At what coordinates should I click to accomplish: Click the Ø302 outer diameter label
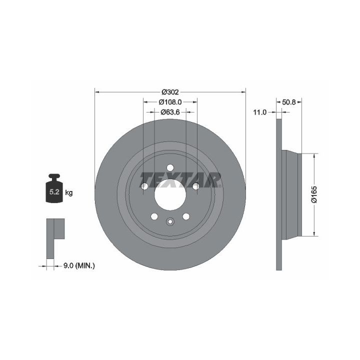pyautogui.click(x=170, y=92)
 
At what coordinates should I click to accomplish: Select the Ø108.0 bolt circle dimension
pyautogui.click(x=170, y=101)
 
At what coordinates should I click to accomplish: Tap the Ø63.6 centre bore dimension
pyautogui.click(x=170, y=112)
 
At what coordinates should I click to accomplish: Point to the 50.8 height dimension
pyautogui.click(x=288, y=102)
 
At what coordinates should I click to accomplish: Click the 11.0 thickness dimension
pyautogui.click(x=259, y=112)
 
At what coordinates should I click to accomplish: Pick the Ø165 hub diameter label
pyautogui.click(x=314, y=194)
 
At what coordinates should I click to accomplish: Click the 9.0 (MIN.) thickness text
pyautogui.click(x=79, y=266)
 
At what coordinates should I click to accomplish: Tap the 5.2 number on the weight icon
pyautogui.click(x=54, y=191)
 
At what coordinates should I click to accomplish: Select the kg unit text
pyautogui.click(x=69, y=192)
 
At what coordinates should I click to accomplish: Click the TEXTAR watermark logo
pyautogui.click(x=180, y=180)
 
